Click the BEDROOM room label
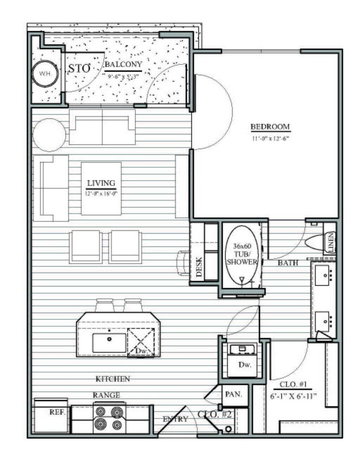tap(270, 127)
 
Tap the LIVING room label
tap(101, 183)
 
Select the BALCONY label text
tap(123, 65)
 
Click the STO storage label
tap(79, 69)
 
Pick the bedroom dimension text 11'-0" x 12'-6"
tap(270, 139)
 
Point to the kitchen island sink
tap(110, 342)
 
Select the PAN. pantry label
tap(233, 395)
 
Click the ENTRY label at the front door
tap(175, 419)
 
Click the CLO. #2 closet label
tap(214, 415)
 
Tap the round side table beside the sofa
tap(49, 135)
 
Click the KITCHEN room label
tap(113, 379)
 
